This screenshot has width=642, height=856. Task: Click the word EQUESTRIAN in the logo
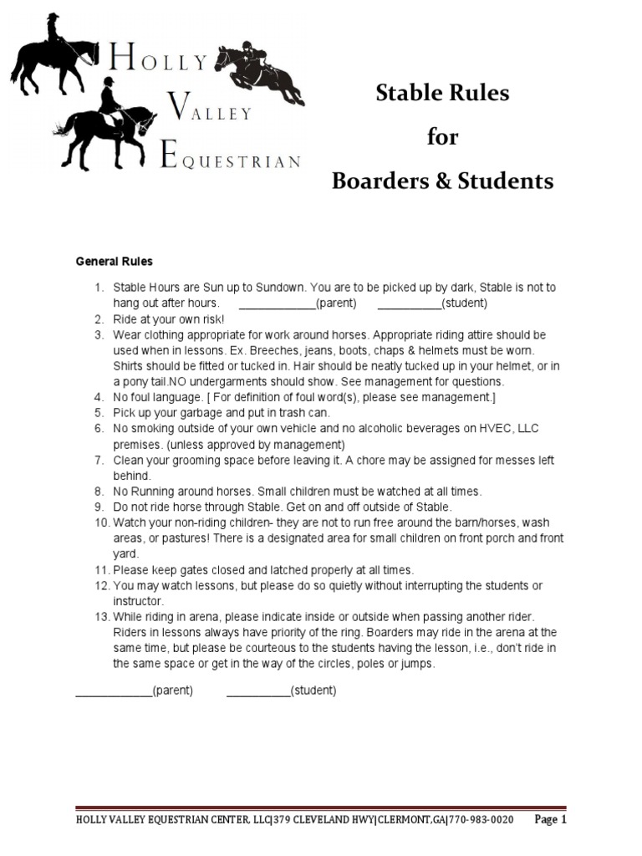[x=229, y=162]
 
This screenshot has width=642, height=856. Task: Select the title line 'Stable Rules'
[x=442, y=94]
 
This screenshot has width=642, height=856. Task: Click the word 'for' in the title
[x=443, y=137]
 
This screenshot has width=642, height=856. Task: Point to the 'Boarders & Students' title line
[x=443, y=181]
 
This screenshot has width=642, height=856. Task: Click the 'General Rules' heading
[x=115, y=262]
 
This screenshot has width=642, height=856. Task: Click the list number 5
[x=99, y=413]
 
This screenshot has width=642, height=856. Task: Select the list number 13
[x=101, y=616]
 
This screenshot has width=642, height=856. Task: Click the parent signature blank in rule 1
[x=277, y=303]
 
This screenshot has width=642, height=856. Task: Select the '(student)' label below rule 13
[x=313, y=691]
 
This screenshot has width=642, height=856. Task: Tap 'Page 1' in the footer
[x=550, y=820]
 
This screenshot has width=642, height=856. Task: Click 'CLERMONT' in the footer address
[x=402, y=821]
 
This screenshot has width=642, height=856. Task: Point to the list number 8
[x=99, y=492]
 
